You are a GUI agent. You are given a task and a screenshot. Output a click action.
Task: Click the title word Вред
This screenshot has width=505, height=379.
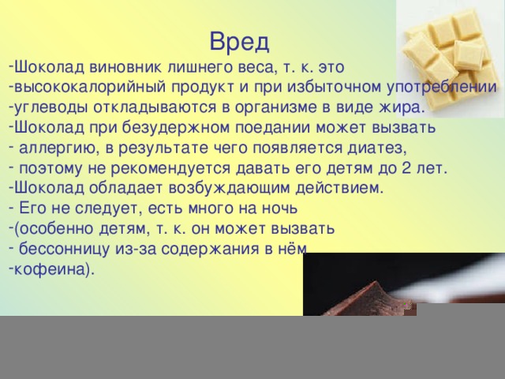[x=239, y=42]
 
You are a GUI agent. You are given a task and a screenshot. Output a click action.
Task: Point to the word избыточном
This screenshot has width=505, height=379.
[x=334, y=87]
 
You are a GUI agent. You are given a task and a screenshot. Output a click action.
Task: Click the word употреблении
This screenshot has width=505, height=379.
[x=441, y=88]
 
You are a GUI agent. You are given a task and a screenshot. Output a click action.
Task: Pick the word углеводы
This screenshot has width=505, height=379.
[x=50, y=107]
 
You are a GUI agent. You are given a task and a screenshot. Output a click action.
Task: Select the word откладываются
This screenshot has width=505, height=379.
[x=155, y=107]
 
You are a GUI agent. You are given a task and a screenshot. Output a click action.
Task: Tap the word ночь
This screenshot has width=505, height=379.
[x=280, y=208]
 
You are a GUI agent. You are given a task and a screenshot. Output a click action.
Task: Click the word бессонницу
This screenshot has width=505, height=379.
[x=65, y=249]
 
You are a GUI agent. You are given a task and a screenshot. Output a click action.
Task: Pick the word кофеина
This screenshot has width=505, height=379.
[x=50, y=269]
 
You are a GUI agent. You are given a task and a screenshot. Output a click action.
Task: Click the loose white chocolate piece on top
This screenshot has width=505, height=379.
[x=469, y=54]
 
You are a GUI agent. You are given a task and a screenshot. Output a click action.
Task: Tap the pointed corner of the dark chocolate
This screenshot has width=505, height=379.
[x=375, y=282]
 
